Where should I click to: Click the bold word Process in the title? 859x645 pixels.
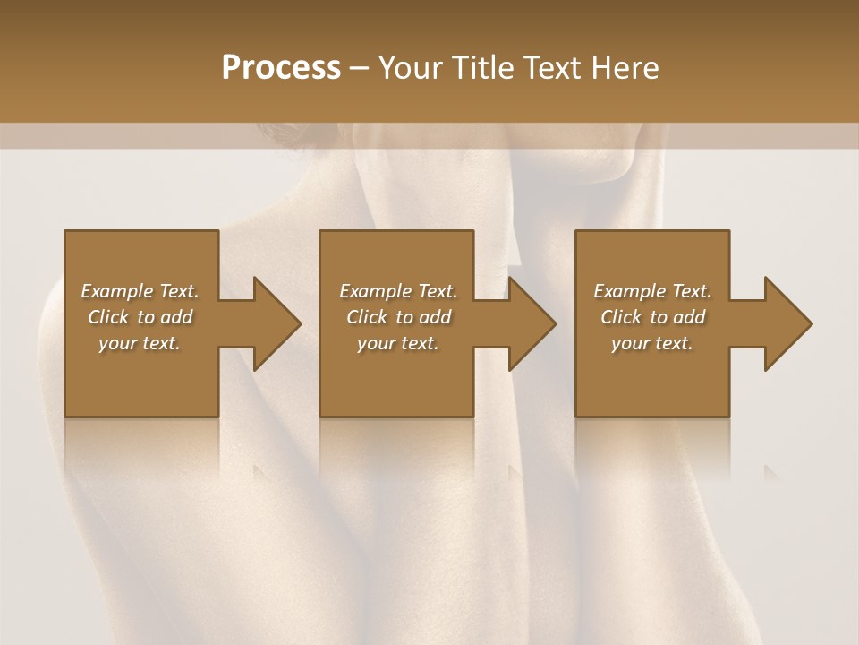tap(281, 68)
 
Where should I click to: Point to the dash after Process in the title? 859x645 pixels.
tap(360, 69)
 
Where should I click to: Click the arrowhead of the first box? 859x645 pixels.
tap(276, 323)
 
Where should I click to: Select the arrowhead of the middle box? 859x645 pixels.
tap(532, 323)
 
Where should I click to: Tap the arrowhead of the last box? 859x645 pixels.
tap(787, 323)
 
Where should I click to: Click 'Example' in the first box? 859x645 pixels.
tap(117, 291)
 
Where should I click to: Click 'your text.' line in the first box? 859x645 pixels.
tap(140, 343)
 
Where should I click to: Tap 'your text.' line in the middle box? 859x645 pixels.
tap(398, 343)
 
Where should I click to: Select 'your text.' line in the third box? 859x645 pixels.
tap(652, 343)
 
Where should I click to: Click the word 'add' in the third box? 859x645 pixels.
tap(689, 317)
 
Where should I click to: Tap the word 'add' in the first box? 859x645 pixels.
tap(176, 317)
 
